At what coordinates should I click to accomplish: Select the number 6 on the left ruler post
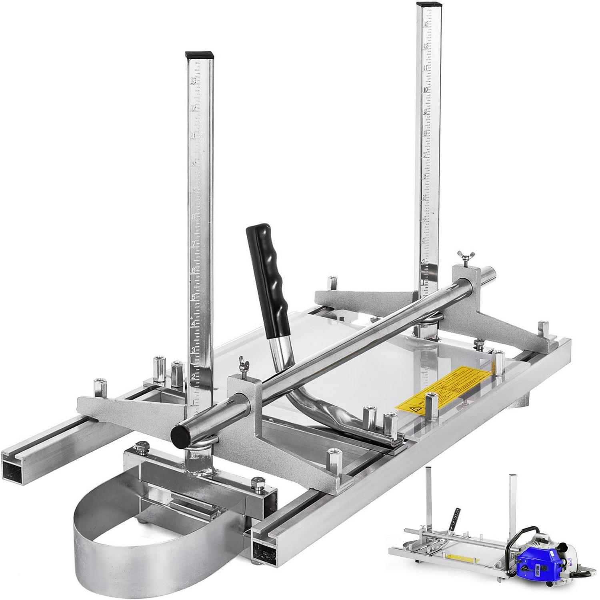tap(194, 270)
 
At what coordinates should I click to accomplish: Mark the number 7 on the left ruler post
tap(194, 244)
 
